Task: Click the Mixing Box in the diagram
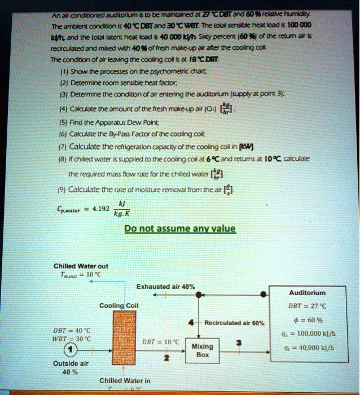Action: (x=203, y=350)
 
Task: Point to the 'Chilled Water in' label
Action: (x=124, y=380)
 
